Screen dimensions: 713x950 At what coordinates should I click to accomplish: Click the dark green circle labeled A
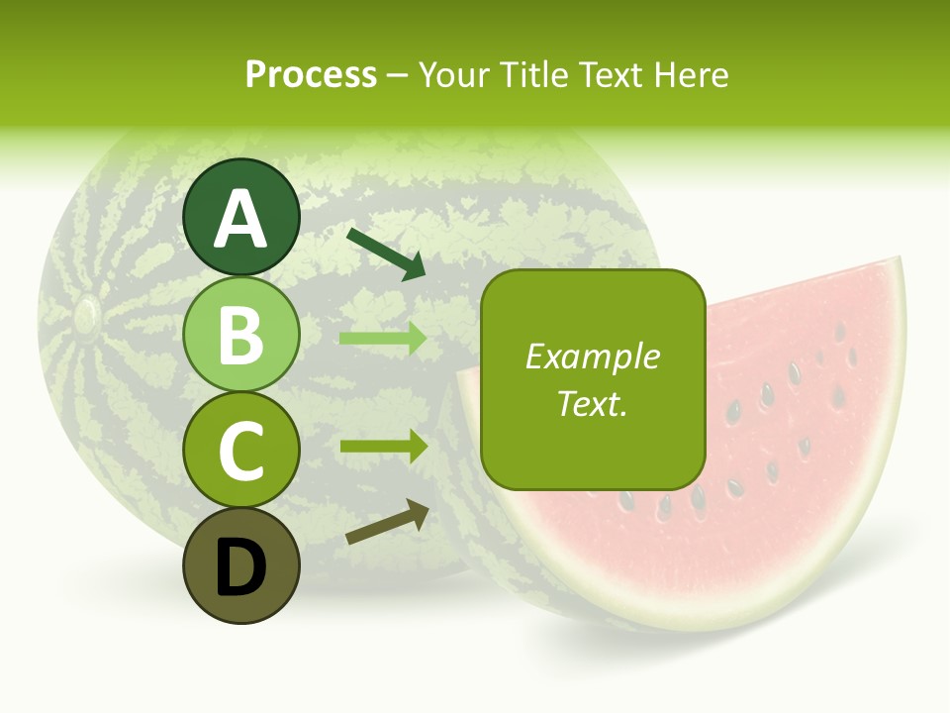click(x=241, y=217)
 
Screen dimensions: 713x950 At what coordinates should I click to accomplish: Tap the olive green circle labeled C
click(x=241, y=451)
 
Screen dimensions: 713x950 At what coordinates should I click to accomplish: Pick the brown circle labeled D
click(x=241, y=565)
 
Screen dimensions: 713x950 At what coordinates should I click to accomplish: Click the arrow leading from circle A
click(x=386, y=254)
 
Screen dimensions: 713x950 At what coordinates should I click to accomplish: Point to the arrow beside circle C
click(x=383, y=446)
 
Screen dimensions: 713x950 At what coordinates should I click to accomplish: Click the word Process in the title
click(x=311, y=75)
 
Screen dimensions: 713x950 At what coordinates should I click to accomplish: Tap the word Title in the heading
click(x=535, y=75)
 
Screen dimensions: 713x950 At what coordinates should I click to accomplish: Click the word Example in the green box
click(x=592, y=356)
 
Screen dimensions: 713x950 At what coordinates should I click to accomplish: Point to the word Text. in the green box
click(x=592, y=404)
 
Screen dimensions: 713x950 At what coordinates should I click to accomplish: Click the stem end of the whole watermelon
click(x=86, y=315)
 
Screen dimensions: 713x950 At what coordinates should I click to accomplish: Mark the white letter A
click(x=241, y=219)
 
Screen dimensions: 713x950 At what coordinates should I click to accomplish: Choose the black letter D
click(x=241, y=567)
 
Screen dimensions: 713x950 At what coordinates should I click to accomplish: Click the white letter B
click(x=241, y=335)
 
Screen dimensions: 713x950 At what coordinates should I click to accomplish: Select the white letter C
click(x=241, y=452)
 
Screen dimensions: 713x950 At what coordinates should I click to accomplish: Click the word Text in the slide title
click(x=610, y=75)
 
